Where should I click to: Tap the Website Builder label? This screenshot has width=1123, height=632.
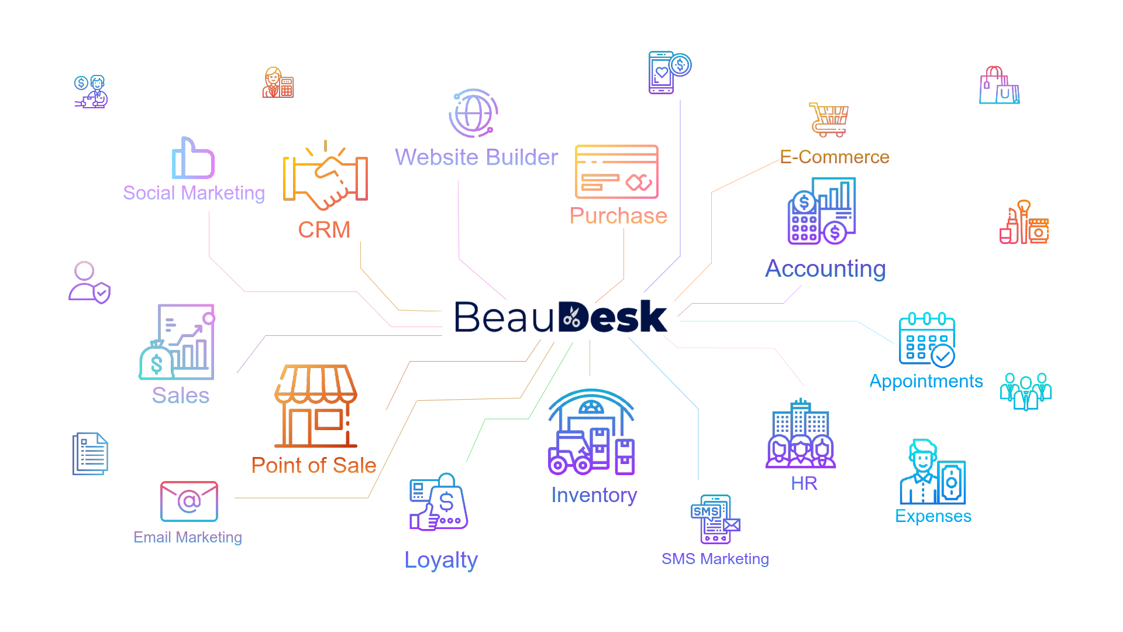(476, 157)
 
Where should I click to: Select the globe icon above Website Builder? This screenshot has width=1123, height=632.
(473, 114)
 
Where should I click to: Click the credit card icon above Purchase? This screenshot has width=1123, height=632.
(616, 172)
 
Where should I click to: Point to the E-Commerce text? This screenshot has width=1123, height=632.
(835, 157)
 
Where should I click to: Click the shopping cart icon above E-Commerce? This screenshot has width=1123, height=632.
(828, 119)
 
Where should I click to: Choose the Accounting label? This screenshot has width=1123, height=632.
(825, 269)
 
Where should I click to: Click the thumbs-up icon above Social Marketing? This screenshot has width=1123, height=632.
(193, 159)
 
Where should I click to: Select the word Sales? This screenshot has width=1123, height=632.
(180, 396)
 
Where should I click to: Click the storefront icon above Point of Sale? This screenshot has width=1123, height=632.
(316, 406)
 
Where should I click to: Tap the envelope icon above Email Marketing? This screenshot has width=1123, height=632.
(189, 502)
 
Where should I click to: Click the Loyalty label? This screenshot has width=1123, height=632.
(440, 560)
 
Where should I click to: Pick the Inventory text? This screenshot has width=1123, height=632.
(594, 495)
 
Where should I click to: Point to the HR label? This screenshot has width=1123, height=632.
(804, 483)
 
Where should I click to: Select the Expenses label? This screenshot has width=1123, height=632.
(933, 516)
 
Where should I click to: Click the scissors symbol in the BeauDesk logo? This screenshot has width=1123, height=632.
(571, 317)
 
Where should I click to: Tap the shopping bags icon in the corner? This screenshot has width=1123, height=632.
(999, 86)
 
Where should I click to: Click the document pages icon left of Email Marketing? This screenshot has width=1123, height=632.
(90, 454)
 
